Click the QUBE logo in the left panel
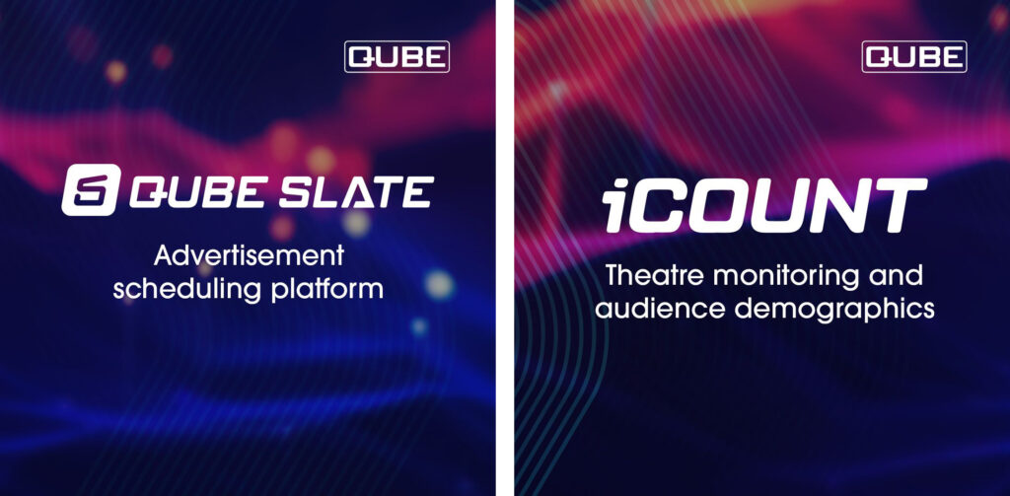(397, 57)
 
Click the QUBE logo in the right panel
(914, 57)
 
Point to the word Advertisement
(248, 258)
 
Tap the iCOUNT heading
(763, 206)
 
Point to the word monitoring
(786, 276)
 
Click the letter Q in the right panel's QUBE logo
(880, 57)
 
